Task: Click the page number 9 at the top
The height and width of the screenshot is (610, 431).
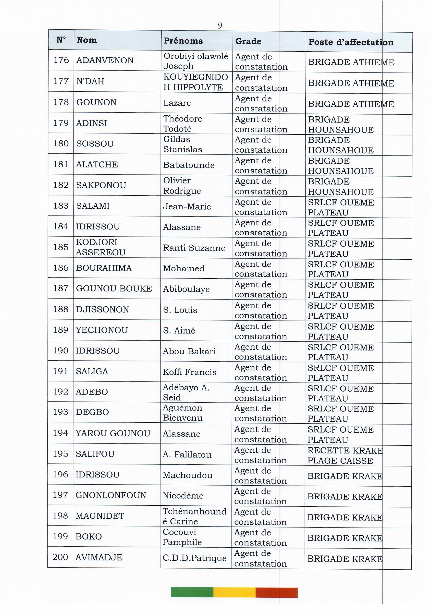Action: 220,26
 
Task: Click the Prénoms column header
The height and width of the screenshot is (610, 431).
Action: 183,41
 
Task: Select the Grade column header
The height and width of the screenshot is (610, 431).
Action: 248,41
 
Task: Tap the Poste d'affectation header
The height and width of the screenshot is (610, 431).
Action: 350,42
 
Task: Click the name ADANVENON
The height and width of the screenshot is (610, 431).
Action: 105,60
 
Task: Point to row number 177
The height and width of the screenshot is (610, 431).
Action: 61,81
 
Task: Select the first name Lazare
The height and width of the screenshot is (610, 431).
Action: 177,103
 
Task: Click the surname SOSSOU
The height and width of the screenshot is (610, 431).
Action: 95,144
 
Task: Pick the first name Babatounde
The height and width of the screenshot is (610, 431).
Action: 189,165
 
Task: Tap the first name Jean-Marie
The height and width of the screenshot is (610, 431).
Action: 187,206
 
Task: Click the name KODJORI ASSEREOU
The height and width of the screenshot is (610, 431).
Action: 101,247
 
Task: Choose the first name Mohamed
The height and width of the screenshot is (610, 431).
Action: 184,268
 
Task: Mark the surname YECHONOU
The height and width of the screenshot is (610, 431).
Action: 102,330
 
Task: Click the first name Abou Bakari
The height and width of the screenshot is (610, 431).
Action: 189,351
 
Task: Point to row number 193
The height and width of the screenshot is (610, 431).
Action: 60,412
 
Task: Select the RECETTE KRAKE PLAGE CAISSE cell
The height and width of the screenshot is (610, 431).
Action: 345,456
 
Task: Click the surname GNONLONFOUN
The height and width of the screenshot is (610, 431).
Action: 111,495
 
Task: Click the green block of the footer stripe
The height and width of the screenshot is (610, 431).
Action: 192,593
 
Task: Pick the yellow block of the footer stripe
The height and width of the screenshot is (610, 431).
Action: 234,593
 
